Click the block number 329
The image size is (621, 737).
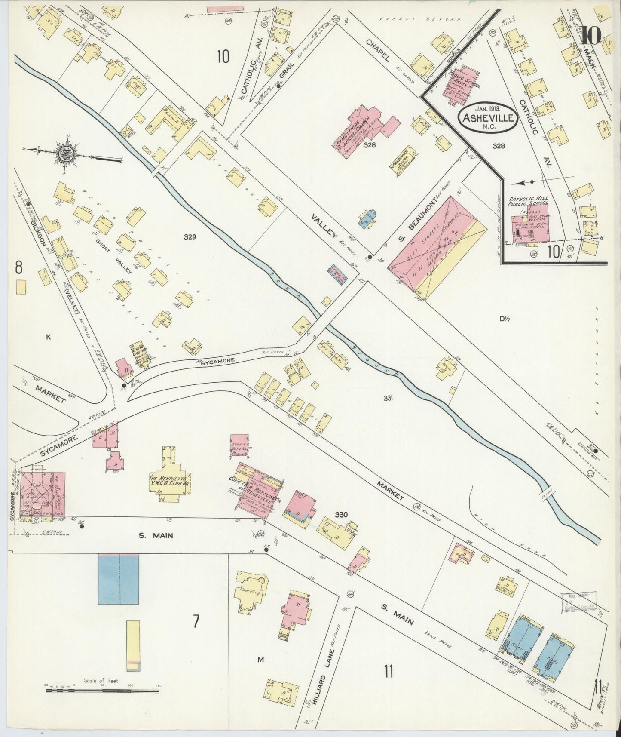click(x=190, y=236)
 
